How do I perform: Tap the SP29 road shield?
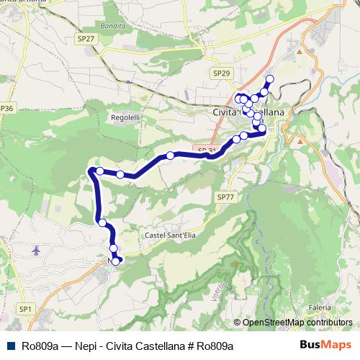click(222, 73)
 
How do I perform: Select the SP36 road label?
click(6, 108)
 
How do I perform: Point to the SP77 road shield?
click(225, 197)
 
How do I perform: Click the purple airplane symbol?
click(37, 250)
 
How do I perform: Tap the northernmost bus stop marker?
click(270, 79)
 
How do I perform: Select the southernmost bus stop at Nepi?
click(116, 261)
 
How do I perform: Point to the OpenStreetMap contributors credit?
click(297, 323)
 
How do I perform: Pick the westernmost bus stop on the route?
click(93, 171)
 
